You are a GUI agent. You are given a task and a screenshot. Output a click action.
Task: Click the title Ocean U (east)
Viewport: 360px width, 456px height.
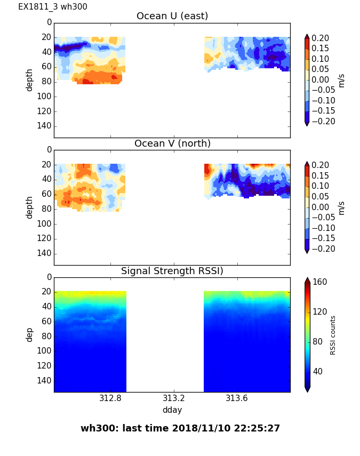point(172,16)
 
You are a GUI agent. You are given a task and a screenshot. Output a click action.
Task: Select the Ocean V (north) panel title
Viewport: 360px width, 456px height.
point(172,143)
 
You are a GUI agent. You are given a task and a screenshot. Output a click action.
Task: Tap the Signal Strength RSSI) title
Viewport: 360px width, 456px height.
point(172,271)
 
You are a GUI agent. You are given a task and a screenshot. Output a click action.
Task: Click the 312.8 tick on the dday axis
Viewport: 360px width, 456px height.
point(110,398)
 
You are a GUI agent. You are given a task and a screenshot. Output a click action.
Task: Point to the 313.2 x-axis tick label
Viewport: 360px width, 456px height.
point(174,398)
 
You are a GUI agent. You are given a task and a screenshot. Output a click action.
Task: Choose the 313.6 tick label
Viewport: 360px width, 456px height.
point(237,398)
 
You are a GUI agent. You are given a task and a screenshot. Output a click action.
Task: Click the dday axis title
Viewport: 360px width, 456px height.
point(172,410)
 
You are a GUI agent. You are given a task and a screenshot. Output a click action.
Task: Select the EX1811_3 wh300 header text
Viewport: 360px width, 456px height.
point(53,7)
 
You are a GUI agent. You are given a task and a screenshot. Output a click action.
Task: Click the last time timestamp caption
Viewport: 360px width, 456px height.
point(180,428)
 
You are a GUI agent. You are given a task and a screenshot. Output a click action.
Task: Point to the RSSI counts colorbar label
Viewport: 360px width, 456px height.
point(333,334)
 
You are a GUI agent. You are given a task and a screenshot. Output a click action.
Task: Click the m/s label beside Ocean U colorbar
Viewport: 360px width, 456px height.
point(341,80)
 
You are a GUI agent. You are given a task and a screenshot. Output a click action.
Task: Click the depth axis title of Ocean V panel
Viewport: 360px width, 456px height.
point(30,207)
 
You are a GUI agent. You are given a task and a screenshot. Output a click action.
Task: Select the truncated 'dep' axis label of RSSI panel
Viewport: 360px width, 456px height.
point(30,334)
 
